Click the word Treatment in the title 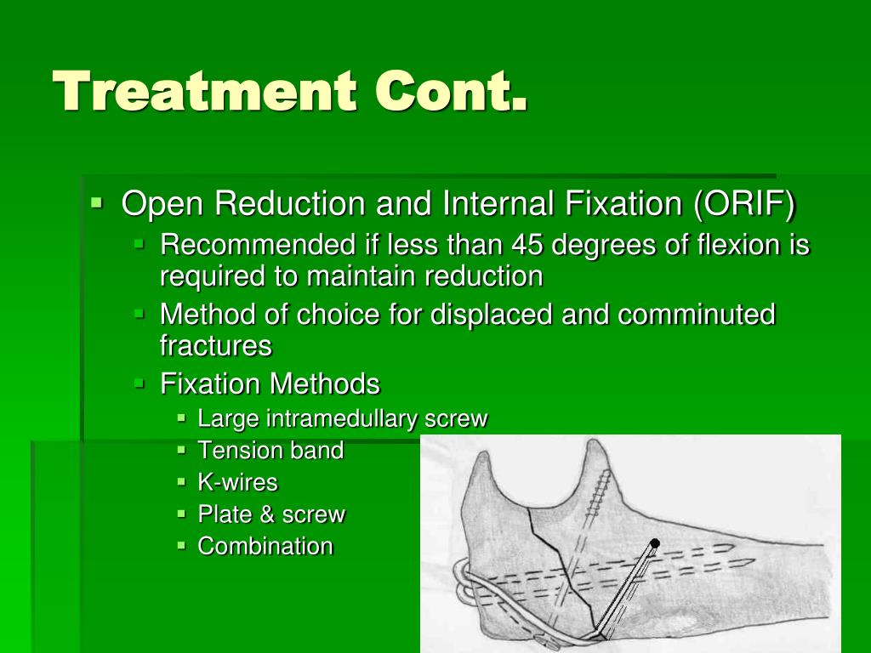pos(204,90)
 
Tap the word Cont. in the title pos(451,90)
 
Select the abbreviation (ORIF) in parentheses pos(745,203)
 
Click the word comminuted pos(697,315)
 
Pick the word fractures pos(216,346)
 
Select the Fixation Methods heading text pos(270,383)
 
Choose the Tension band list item pos(271,451)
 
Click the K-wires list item pos(238,482)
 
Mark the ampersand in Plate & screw pos(268,514)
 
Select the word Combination pos(265,547)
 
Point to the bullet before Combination pos(181,545)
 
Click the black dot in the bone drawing pos(655,543)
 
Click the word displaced pos(491,315)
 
